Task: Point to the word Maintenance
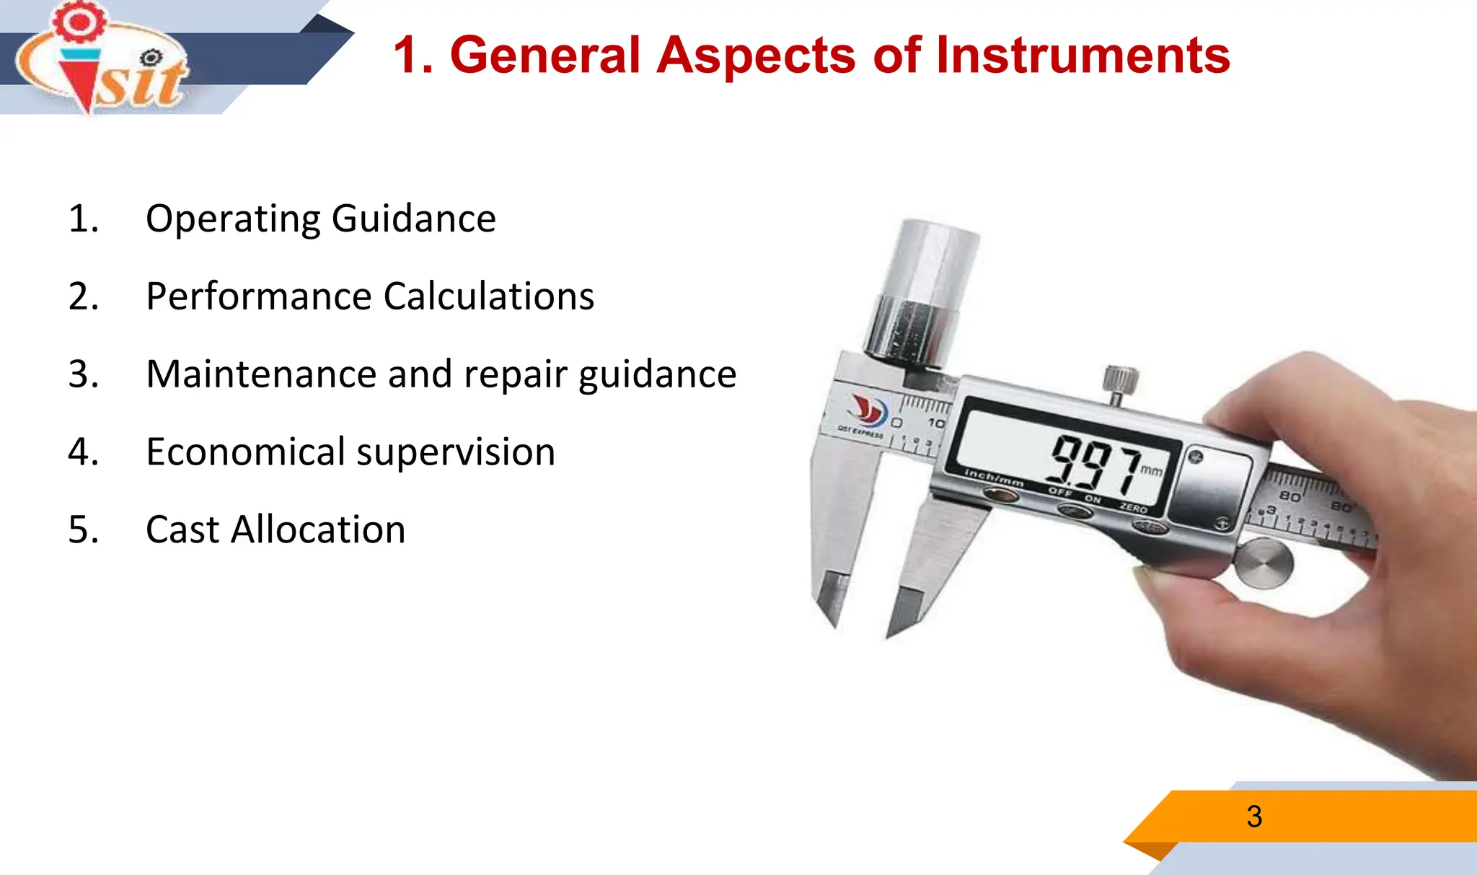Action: [x=260, y=374]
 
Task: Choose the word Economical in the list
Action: [x=245, y=452]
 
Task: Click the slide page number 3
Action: [x=1254, y=817]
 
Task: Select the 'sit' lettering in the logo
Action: [x=141, y=83]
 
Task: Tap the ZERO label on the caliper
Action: [x=1133, y=508]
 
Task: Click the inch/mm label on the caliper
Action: [x=994, y=476]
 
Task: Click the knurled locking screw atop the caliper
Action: [x=1120, y=380]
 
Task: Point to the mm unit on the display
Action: [x=1151, y=471]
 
